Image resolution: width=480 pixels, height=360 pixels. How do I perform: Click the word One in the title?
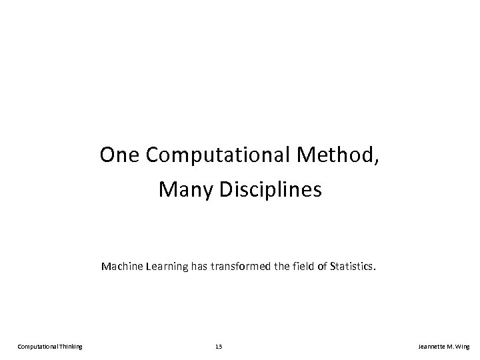coord(120,156)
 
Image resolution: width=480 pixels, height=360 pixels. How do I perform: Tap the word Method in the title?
coord(336,156)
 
